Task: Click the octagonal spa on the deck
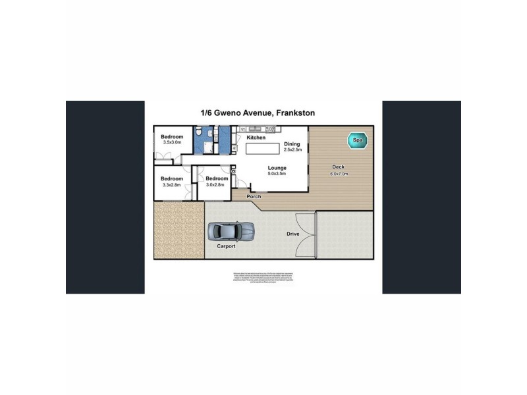click(358, 140)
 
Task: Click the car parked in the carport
click(231, 231)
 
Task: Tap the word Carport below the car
click(227, 246)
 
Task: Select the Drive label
click(294, 234)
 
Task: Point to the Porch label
click(254, 197)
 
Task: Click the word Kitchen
click(256, 138)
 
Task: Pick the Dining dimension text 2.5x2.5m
click(292, 150)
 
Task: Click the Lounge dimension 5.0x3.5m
click(277, 175)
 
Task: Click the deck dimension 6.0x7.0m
click(339, 174)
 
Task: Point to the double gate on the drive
click(305, 235)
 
